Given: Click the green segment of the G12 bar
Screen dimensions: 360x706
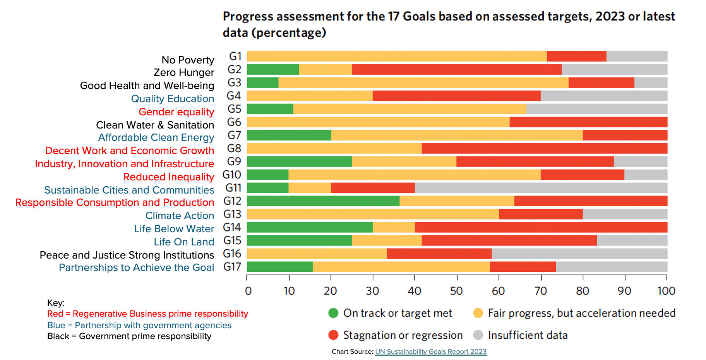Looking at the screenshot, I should [x=323, y=201].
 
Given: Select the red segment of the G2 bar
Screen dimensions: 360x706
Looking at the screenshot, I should [x=457, y=70].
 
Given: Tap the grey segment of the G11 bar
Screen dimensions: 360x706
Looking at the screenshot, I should [x=541, y=188].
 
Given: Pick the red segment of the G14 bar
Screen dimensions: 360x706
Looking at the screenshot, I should [x=541, y=227].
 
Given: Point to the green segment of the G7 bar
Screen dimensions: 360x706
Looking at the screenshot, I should [x=289, y=135].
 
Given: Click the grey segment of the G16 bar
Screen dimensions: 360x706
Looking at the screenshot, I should [x=579, y=254].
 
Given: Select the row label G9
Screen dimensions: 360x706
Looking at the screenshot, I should [x=234, y=161].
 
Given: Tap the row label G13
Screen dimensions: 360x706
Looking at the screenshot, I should [x=232, y=214].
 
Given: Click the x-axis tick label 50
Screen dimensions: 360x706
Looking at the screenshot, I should [x=456, y=291].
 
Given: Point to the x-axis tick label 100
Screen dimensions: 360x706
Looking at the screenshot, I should [x=666, y=291].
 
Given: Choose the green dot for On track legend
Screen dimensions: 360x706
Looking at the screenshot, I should [x=333, y=313].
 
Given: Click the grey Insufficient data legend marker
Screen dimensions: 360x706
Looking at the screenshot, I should [x=478, y=335].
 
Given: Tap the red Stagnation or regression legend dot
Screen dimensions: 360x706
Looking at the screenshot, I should [x=333, y=335].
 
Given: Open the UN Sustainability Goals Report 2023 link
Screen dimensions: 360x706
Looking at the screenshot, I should [x=430, y=351].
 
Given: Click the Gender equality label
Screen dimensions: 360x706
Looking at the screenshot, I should [x=176, y=112].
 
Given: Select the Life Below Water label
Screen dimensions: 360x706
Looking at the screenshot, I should [x=174, y=229].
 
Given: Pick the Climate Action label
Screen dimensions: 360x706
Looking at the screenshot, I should [x=180, y=216].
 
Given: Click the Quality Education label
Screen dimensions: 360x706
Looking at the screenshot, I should [x=172, y=99].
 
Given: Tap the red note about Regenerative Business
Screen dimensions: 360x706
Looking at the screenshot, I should [x=147, y=314].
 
